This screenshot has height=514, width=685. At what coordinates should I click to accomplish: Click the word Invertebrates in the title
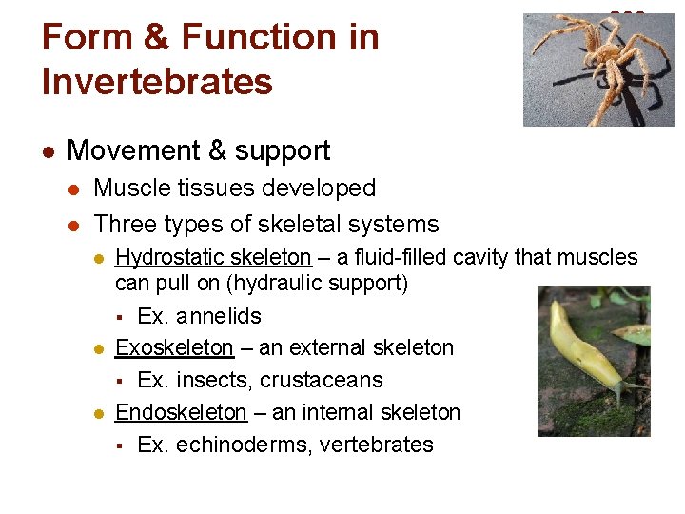(157, 81)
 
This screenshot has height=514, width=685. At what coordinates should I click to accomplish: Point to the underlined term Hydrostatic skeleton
(212, 257)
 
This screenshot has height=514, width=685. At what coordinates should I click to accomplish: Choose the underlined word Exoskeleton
(174, 348)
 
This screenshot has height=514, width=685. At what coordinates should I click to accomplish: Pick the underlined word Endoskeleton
(181, 412)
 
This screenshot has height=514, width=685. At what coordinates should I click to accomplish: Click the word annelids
(218, 316)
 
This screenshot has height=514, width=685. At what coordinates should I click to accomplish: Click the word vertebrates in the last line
(375, 445)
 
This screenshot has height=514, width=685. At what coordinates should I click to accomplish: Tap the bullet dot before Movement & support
(49, 151)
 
